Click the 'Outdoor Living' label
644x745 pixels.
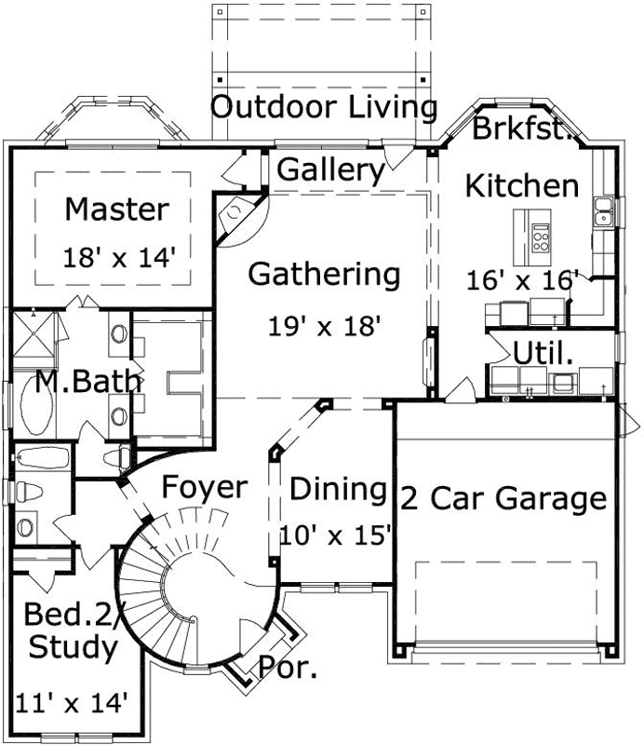click(x=324, y=107)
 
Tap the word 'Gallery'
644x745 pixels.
click(x=330, y=170)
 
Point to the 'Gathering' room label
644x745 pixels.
click(x=324, y=276)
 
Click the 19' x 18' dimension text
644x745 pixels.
click(x=326, y=326)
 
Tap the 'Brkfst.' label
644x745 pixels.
click(x=520, y=129)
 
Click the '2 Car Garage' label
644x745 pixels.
click(x=503, y=498)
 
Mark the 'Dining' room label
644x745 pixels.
click(x=337, y=488)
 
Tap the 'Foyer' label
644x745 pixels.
click(x=204, y=487)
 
